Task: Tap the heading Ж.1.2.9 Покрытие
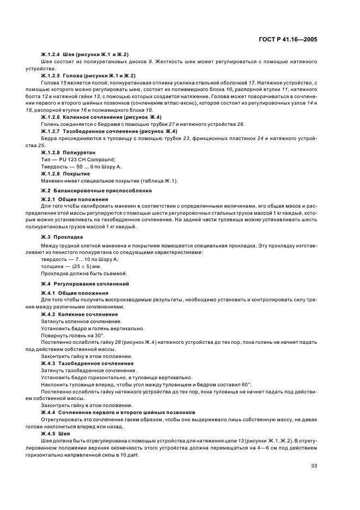pos(66,173)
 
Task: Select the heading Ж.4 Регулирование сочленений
pos(85,284)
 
